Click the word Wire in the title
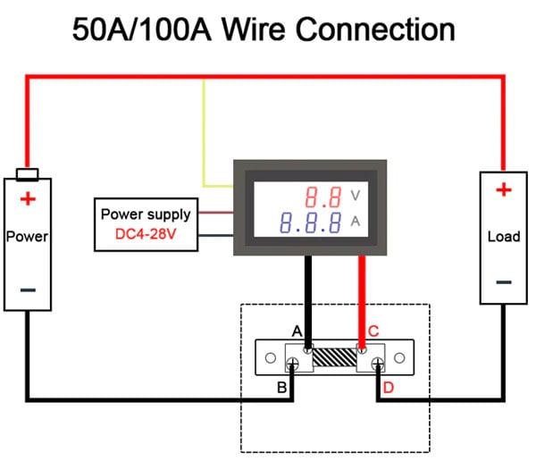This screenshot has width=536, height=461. [x=254, y=29]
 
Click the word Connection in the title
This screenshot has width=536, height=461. [x=375, y=29]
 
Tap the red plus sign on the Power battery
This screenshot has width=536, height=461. [x=28, y=198]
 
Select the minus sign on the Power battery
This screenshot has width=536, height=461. [x=28, y=290]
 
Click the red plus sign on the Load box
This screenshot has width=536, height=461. [x=504, y=189]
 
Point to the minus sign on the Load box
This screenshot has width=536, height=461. [x=504, y=282]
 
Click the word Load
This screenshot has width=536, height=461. [x=504, y=237]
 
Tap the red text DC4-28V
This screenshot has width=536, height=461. [x=146, y=234]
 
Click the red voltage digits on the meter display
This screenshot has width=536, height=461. [x=323, y=197]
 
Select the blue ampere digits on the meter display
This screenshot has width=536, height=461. [x=311, y=222]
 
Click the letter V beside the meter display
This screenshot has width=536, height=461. [x=356, y=196]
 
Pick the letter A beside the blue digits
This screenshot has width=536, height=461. [x=356, y=222]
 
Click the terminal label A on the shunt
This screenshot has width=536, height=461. [x=297, y=331]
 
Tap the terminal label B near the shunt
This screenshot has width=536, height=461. [x=282, y=388]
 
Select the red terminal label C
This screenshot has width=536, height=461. [x=373, y=331]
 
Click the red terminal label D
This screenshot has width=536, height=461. [x=389, y=388]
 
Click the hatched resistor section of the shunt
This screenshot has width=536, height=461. [x=335, y=357]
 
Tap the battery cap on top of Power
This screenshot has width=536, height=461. [x=28, y=174]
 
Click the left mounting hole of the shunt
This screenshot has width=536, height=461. [x=271, y=358]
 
